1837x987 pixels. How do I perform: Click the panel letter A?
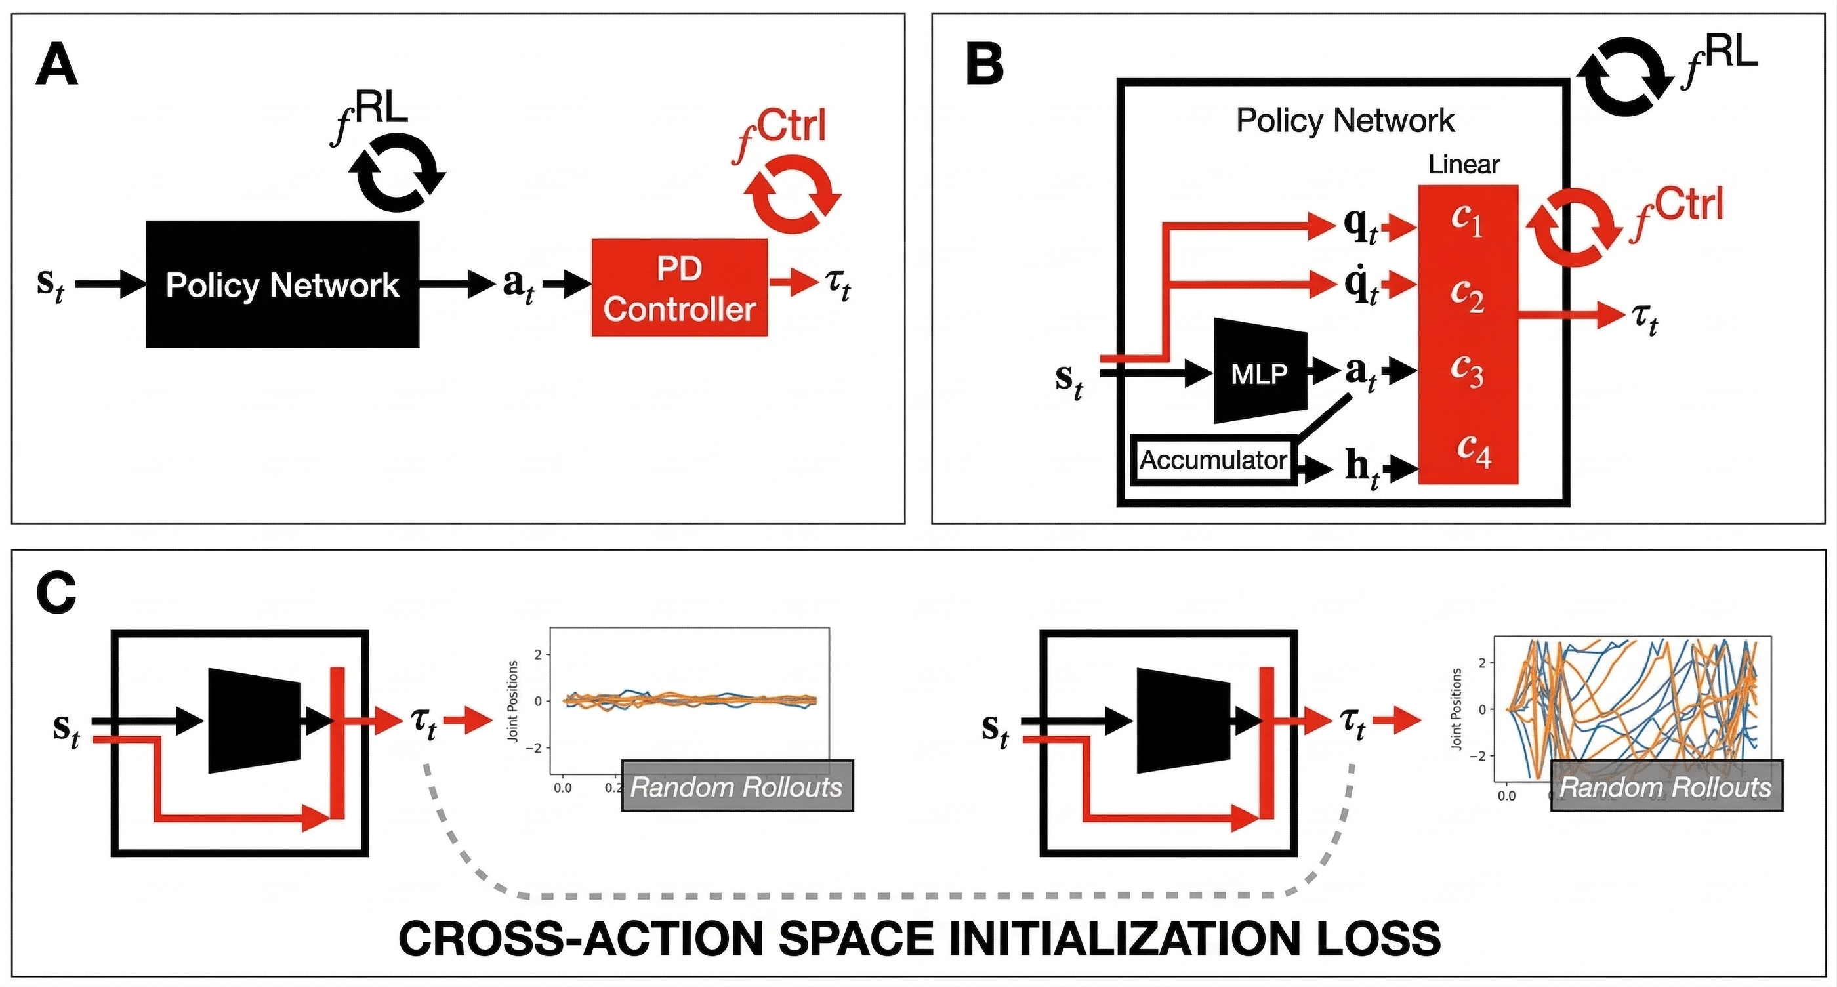56,66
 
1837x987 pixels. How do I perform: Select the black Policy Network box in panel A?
282,285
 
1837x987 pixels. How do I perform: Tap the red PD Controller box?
680,288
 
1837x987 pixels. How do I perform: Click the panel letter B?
985,66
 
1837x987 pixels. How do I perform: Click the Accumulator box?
1213,460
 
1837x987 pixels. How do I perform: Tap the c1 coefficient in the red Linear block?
1466,221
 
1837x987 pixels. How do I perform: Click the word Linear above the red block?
1463,165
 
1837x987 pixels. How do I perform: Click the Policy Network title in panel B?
1345,121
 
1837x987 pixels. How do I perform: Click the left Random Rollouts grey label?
737,786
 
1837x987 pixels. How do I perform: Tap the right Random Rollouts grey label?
1666,786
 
